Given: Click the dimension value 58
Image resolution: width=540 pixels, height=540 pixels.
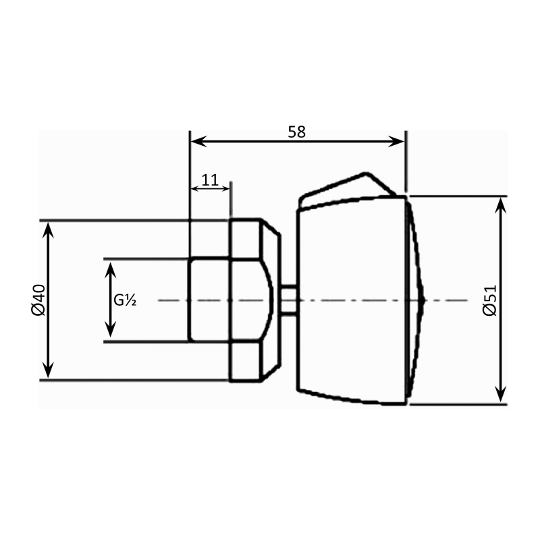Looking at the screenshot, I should coord(297,132).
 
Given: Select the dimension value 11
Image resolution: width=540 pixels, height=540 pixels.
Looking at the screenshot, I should coord(210,180).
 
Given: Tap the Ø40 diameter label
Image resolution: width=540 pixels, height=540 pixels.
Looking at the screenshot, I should coord(38,300).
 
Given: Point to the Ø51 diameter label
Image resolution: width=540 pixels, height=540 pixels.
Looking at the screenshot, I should coord(490,300).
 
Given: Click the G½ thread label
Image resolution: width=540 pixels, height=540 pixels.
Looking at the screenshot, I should coord(126,300).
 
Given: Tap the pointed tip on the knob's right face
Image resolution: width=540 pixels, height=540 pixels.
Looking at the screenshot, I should coord(421,300).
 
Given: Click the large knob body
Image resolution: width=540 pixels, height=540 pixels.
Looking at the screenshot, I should coord(351,300).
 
